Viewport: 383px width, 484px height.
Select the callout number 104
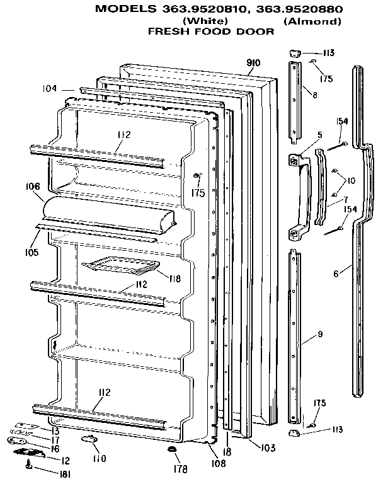[x=50, y=88]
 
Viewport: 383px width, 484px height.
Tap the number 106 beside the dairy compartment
[x=33, y=187]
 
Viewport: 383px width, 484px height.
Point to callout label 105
[x=31, y=252]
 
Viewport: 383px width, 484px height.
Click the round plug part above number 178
[x=171, y=449]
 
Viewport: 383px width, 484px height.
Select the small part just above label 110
[x=88, y=438]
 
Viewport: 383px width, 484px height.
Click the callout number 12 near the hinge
[x=65, y=460]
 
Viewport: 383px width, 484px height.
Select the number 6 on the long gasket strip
[x=336, y=274]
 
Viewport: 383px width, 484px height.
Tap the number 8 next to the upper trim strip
[x=314, y=95]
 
